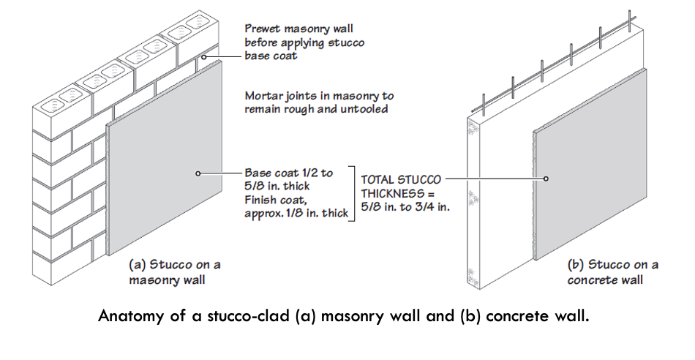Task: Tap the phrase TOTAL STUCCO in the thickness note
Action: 400,178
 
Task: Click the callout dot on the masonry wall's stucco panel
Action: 198,173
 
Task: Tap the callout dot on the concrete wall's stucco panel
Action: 546,178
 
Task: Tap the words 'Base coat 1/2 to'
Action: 288,173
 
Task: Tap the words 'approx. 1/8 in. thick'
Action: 295,213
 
